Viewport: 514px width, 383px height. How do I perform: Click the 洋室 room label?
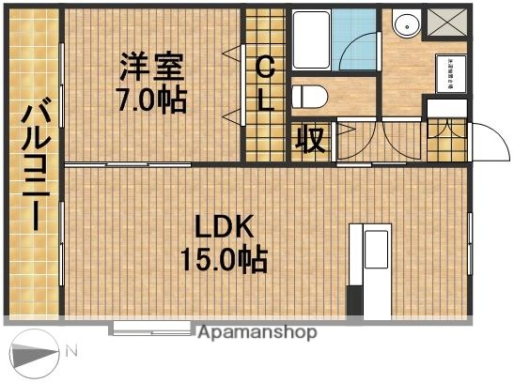click(150, 68)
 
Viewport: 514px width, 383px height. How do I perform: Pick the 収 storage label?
click(310, 140)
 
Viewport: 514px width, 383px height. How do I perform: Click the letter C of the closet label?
click(266, 67)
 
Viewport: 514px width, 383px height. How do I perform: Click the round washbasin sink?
click(407, 25)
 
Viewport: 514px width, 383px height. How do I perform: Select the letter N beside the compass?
click(71, 352)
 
